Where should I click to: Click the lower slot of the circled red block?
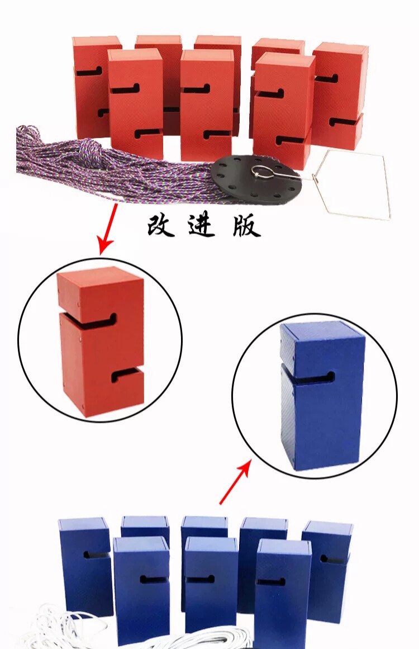point(126,376)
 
